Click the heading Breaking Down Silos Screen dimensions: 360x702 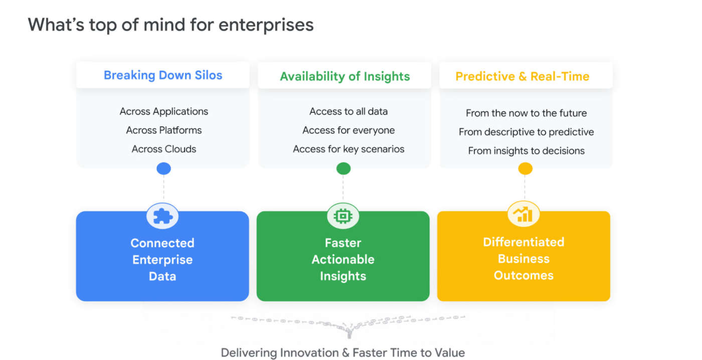(163, 75)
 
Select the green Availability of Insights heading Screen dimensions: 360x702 (344, 76)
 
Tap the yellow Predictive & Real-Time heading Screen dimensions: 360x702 (522, 76)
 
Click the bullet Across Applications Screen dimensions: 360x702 (163, 111)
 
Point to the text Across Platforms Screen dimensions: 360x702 (163, 130)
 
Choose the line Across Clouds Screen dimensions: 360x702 (163, 149)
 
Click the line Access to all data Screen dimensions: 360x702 (348, 111)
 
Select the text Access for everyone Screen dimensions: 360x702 (348, 130)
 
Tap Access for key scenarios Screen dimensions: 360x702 (348, 149)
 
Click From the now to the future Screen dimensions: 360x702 (525, 113)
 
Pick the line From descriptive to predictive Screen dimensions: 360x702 (525, 132)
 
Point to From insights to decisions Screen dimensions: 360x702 (525, 150)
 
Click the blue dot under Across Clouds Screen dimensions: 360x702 (163, 168)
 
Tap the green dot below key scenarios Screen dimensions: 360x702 (343, 168)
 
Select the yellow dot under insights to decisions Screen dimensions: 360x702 (524, 168)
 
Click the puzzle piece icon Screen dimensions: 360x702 (162, 216)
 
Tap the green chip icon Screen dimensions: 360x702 (343, 216)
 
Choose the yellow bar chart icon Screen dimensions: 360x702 (523, 214)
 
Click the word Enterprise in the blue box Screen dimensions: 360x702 (162, 260)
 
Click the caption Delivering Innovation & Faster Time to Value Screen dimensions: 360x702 (342, 352)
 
